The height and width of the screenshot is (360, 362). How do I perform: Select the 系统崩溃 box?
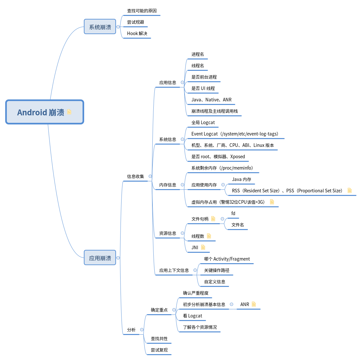(x=100, y=27)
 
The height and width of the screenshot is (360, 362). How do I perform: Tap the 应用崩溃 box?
(x=100, y=258)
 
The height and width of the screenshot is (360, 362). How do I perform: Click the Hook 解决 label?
(x=137, y=33)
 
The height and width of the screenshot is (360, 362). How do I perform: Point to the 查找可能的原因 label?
(x=142, y=11)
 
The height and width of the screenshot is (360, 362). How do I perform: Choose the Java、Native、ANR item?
(x=211, y=100)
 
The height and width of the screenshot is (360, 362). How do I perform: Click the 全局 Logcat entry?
(x=203, y=122)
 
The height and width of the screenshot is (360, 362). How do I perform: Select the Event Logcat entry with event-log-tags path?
(x=235, y=134)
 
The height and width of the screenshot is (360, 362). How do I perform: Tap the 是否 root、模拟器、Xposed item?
(x=218, y=157)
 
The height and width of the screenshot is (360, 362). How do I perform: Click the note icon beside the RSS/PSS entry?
(x=350, y=190)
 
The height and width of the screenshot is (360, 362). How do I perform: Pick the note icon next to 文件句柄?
(x=213, y=219)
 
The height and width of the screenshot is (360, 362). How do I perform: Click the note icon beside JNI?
(x=203, y=247)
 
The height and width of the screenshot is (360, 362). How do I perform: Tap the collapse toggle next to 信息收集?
(x=150, y=176)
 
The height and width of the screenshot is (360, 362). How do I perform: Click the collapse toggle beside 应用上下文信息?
(x=195, y=270)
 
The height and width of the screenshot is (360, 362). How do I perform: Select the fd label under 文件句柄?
(x=233, y=213)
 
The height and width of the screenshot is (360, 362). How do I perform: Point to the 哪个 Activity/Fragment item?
(x=227, y=259)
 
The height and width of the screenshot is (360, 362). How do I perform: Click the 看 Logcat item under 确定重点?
(x=192, y=316)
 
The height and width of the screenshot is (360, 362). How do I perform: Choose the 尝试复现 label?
(x=159, y=350)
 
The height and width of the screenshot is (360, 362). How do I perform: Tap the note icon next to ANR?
(x=254, y=304)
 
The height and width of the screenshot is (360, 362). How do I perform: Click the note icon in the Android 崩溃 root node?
(x=69, y=112)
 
